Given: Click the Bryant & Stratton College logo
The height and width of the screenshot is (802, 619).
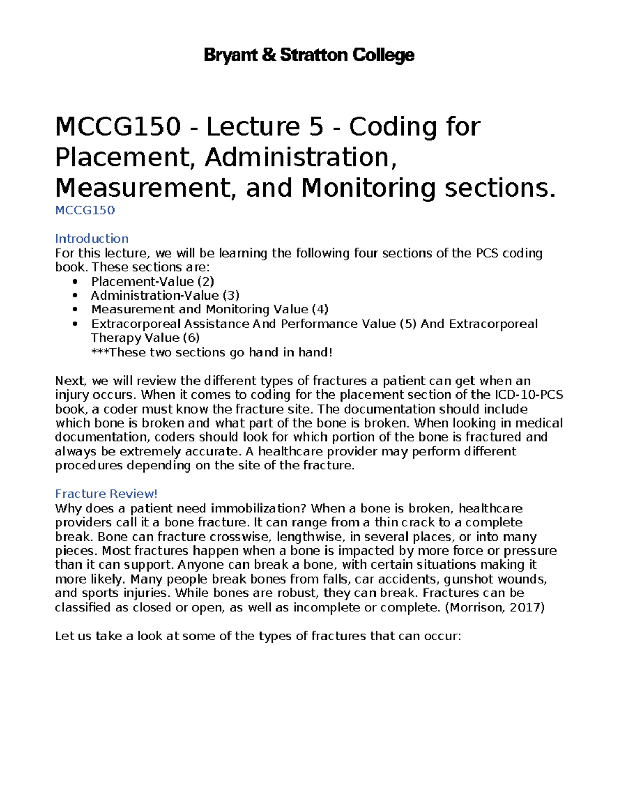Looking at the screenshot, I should click(x=309, y=55).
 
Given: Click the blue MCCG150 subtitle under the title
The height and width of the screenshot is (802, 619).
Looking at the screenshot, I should click(x=85, y=210).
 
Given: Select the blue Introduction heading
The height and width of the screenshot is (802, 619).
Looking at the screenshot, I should click(x=92, y=239).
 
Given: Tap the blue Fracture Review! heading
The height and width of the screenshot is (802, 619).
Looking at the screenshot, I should click(x=106, y=494).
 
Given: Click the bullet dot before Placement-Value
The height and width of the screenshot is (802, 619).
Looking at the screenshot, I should click(x=76, y=281).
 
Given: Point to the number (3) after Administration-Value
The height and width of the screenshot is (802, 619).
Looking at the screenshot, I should click(x=231, y=295).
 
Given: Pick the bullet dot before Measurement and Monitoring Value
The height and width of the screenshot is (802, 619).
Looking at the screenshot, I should click(x=76, y=310).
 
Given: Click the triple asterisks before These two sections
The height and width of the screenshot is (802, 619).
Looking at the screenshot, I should click(x=100, y=352).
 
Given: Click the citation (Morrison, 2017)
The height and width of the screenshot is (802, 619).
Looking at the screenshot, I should click(x=494, y=607).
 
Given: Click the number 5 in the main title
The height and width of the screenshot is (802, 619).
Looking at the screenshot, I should click(x=316, y=127).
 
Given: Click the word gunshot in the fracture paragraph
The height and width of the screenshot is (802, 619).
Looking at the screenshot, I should click(x=469, y=579).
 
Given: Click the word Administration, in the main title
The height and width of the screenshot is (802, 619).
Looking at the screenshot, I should click(x=301, y=158).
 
